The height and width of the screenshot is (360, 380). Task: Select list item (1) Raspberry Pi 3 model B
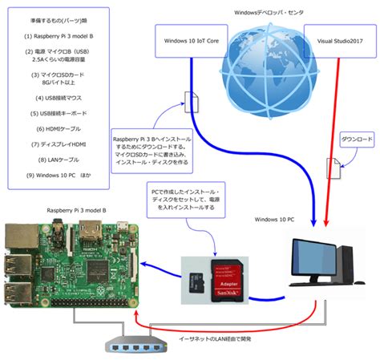[x=59, y=37]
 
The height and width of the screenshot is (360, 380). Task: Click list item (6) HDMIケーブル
[x=59, y=129]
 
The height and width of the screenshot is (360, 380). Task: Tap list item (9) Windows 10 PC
[x=59, y=174]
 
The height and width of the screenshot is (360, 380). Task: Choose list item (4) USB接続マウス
[x=59, y=99]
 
